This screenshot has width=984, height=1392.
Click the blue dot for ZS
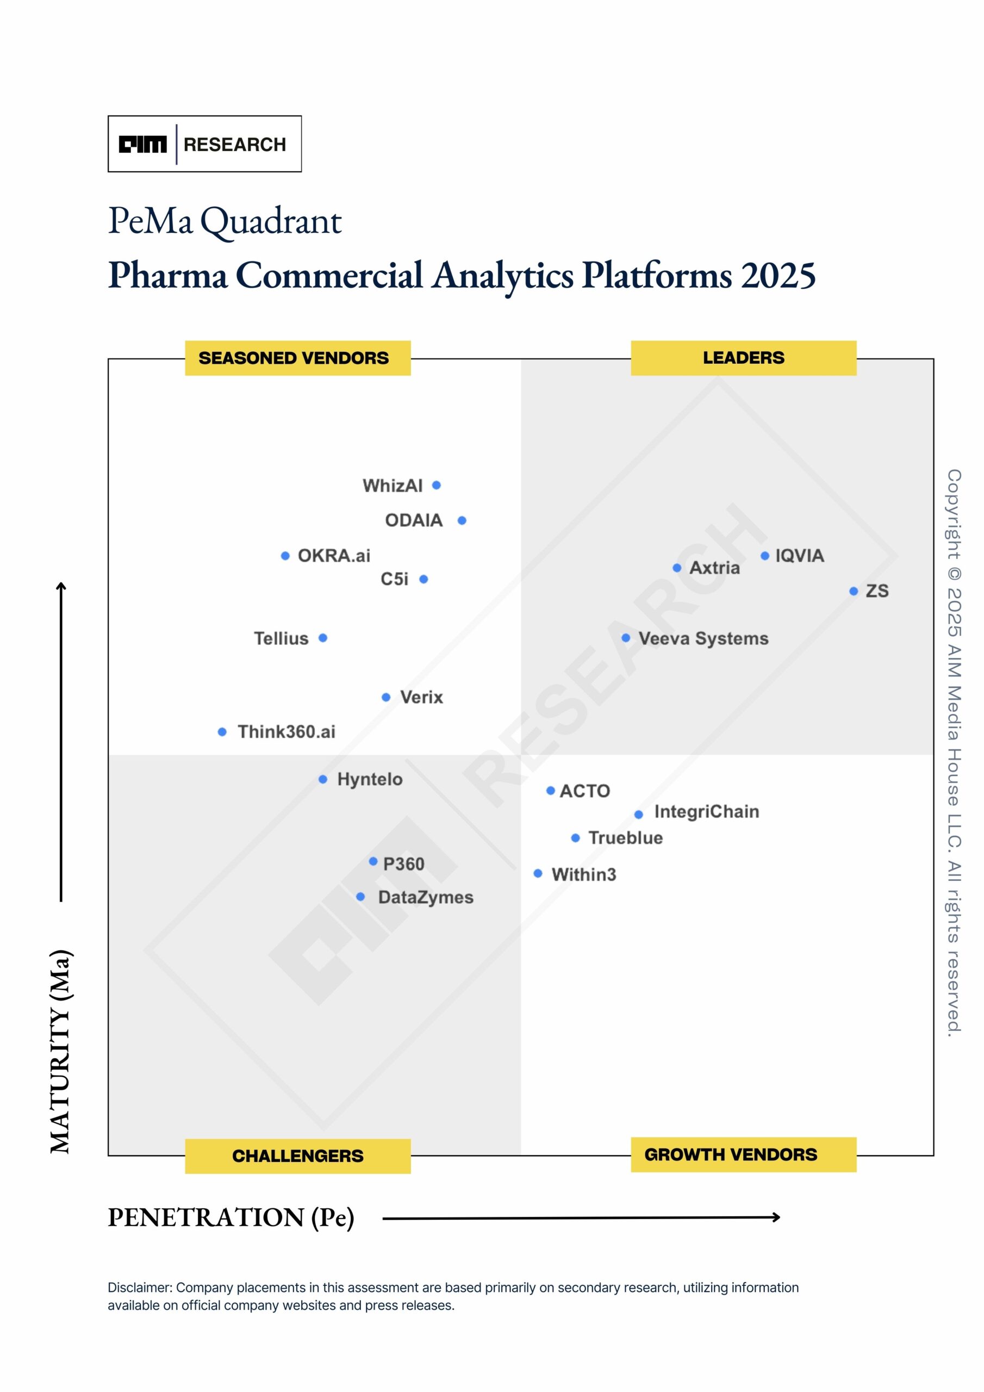point(853,591)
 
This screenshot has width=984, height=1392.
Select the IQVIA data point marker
point(764,555)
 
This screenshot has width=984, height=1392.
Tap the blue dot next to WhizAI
point(436,485)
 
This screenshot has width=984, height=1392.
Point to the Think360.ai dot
point(222,732)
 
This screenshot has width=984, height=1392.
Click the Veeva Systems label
point(703,638)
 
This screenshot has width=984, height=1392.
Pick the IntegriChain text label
point(706,811)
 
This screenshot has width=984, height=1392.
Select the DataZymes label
point(426,897)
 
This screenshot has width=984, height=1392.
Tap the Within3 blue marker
point(537,873)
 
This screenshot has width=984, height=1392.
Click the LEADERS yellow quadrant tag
point(743,358)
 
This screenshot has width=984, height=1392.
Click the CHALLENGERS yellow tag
point(298,1155)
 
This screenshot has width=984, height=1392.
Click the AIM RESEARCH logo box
point(204,144)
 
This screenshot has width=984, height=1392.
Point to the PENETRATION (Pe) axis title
point(231,1217)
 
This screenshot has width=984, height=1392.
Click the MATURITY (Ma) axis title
point(61,1052)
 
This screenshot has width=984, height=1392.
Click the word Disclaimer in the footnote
point(140,1287)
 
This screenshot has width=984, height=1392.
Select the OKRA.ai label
point(333,555)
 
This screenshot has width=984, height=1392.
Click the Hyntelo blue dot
point(322,779)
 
